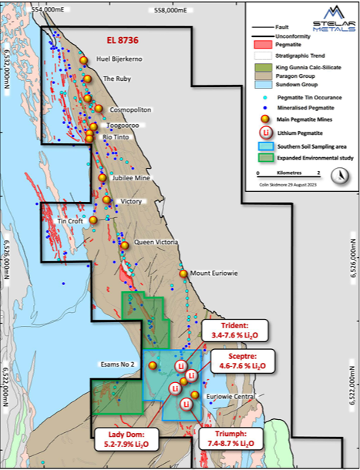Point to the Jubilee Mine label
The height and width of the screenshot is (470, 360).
click(x=132, y=177)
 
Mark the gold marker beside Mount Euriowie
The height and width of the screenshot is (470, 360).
click(x=183, y=274)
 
